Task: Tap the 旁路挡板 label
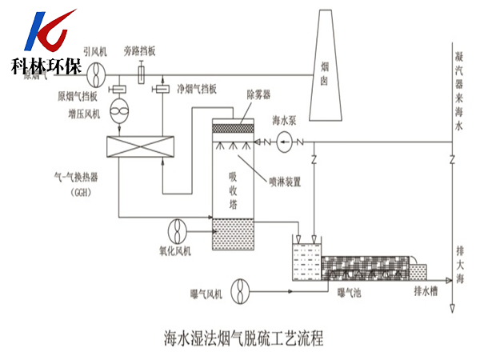140,50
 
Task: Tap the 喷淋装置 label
285,182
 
